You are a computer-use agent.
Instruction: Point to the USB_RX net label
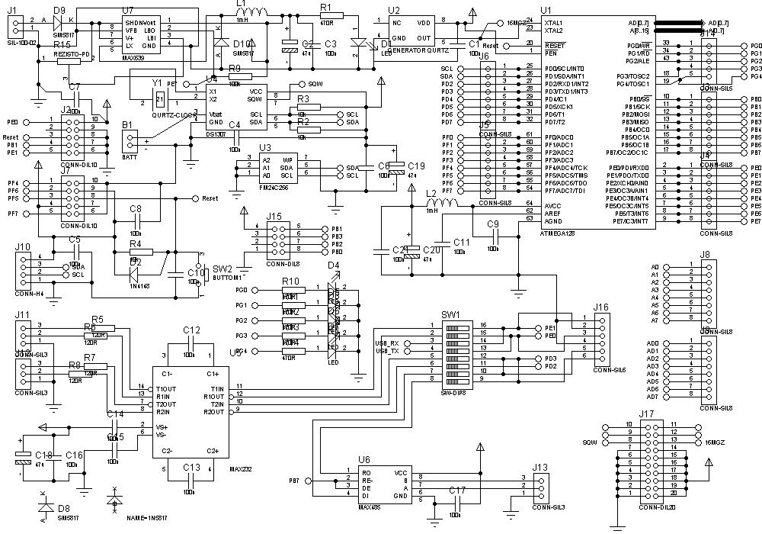pos(388,343)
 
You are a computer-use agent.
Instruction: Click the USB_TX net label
pos(388,352)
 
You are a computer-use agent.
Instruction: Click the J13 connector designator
pos(540,468)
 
